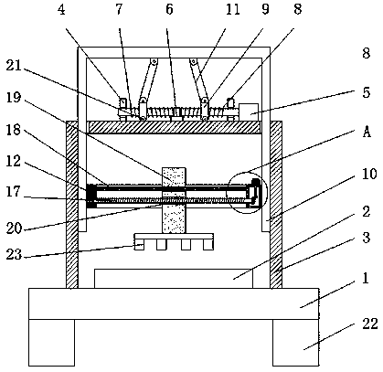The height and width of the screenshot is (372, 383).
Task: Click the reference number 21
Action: point(14,65)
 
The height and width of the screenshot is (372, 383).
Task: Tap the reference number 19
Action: point(14,98)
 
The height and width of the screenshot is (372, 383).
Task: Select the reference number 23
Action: point(14,254)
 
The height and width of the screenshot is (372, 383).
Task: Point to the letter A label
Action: point(367,133)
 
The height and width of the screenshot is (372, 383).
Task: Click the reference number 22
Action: point(370,324)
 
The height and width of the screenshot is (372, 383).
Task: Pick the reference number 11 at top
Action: point(233,9)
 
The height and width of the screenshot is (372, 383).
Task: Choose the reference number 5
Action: point(367,92)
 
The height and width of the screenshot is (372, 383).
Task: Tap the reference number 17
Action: point(14,192)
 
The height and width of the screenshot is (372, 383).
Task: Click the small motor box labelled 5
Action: point(249,112)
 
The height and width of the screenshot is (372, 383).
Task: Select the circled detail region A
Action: point(247,173)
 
